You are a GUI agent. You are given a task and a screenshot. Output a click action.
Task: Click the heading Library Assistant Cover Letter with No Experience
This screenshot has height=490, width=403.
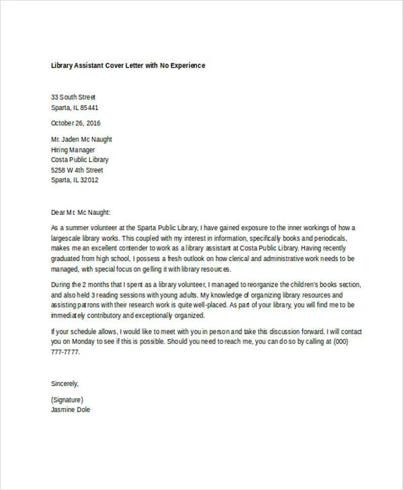coord(128,66)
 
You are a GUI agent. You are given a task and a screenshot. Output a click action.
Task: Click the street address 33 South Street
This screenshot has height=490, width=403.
coord(73,97)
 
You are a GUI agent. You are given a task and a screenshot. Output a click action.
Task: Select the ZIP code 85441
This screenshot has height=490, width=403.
coord(89,107)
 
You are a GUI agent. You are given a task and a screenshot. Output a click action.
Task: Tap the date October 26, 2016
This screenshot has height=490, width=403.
coord(75,123)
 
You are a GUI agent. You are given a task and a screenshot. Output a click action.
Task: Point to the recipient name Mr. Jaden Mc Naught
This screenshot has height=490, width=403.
coord(81,140)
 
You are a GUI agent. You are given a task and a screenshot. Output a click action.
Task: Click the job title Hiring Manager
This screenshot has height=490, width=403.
coord(73,150)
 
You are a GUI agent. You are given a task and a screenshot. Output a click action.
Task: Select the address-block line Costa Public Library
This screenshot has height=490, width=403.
coord(79,160)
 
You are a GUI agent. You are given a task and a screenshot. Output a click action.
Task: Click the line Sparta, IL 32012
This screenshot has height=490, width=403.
coord(75,180)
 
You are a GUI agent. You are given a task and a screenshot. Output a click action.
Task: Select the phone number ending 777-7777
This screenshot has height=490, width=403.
coord(64,351)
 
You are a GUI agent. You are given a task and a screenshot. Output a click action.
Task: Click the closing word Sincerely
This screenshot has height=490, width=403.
coord(65,383)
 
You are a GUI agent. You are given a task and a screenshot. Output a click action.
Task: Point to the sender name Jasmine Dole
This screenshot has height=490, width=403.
coord(71,409)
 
